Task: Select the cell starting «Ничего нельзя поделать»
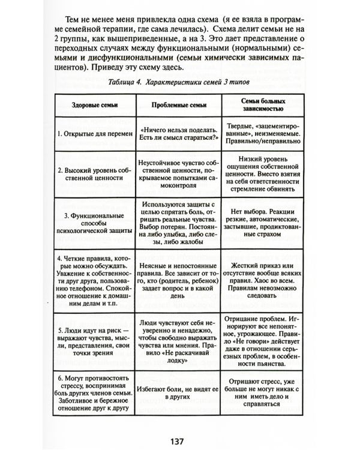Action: tap(178, 134)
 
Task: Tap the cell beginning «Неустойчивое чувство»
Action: tap(178, 174)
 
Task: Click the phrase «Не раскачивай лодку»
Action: tap(178, 358)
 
